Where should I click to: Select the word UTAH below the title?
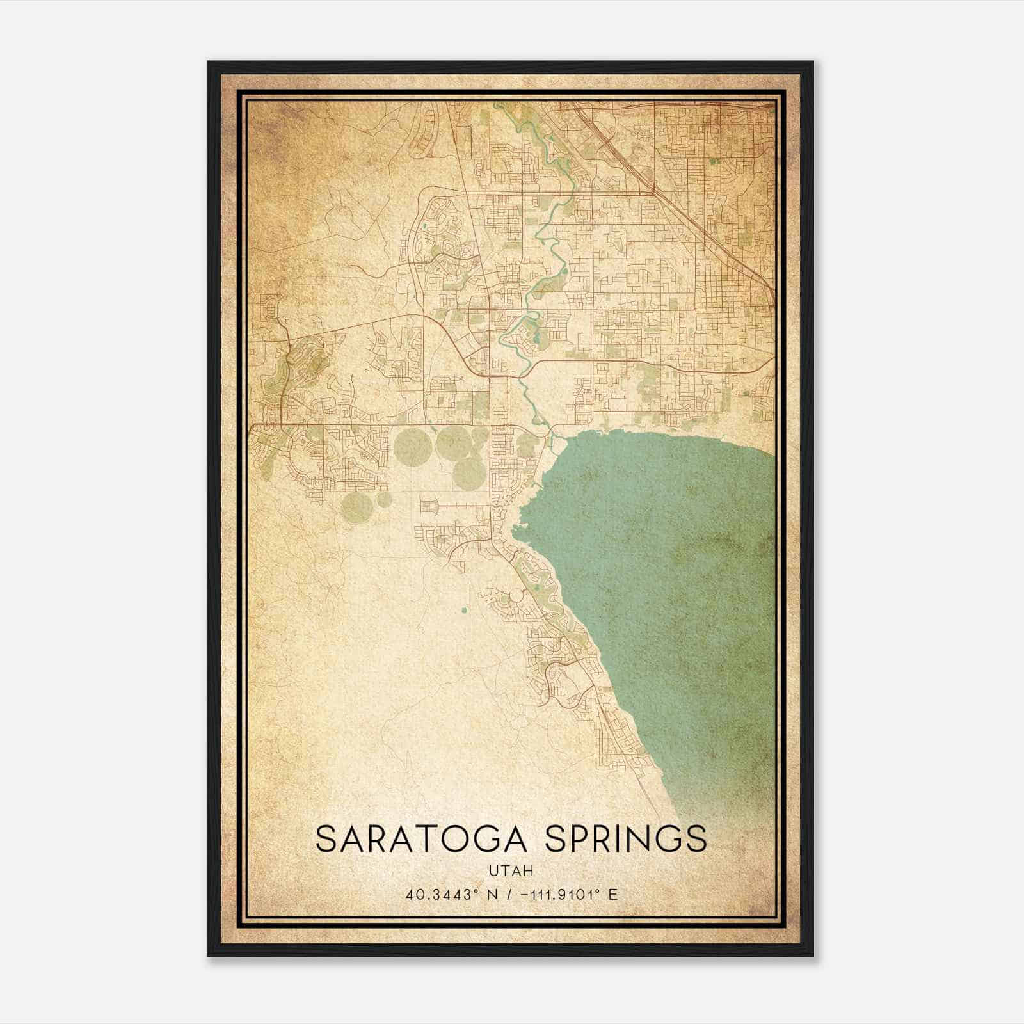tap(511, 870)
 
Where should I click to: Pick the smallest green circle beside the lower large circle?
tap(384, 499)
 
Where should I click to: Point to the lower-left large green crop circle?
tap(357, 507)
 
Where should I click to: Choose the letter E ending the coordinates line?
tap(613, 895)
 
